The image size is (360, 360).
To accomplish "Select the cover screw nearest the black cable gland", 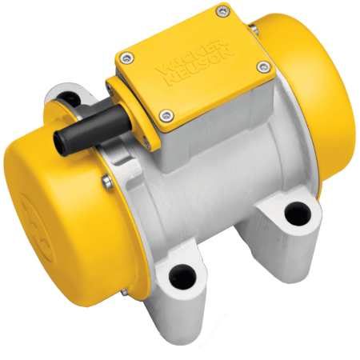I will point(165,112).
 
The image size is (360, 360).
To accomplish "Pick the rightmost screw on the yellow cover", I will point(264,66).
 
